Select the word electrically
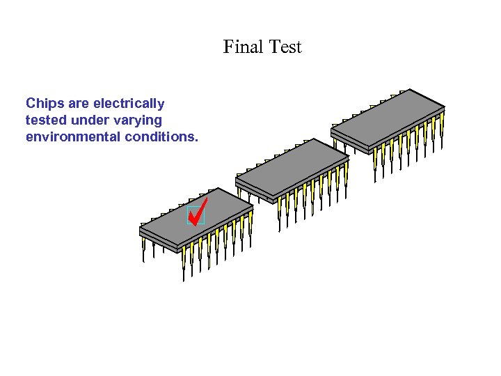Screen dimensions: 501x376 click(x=128, y=104)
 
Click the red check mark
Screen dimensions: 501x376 click(x=198, y=211)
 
